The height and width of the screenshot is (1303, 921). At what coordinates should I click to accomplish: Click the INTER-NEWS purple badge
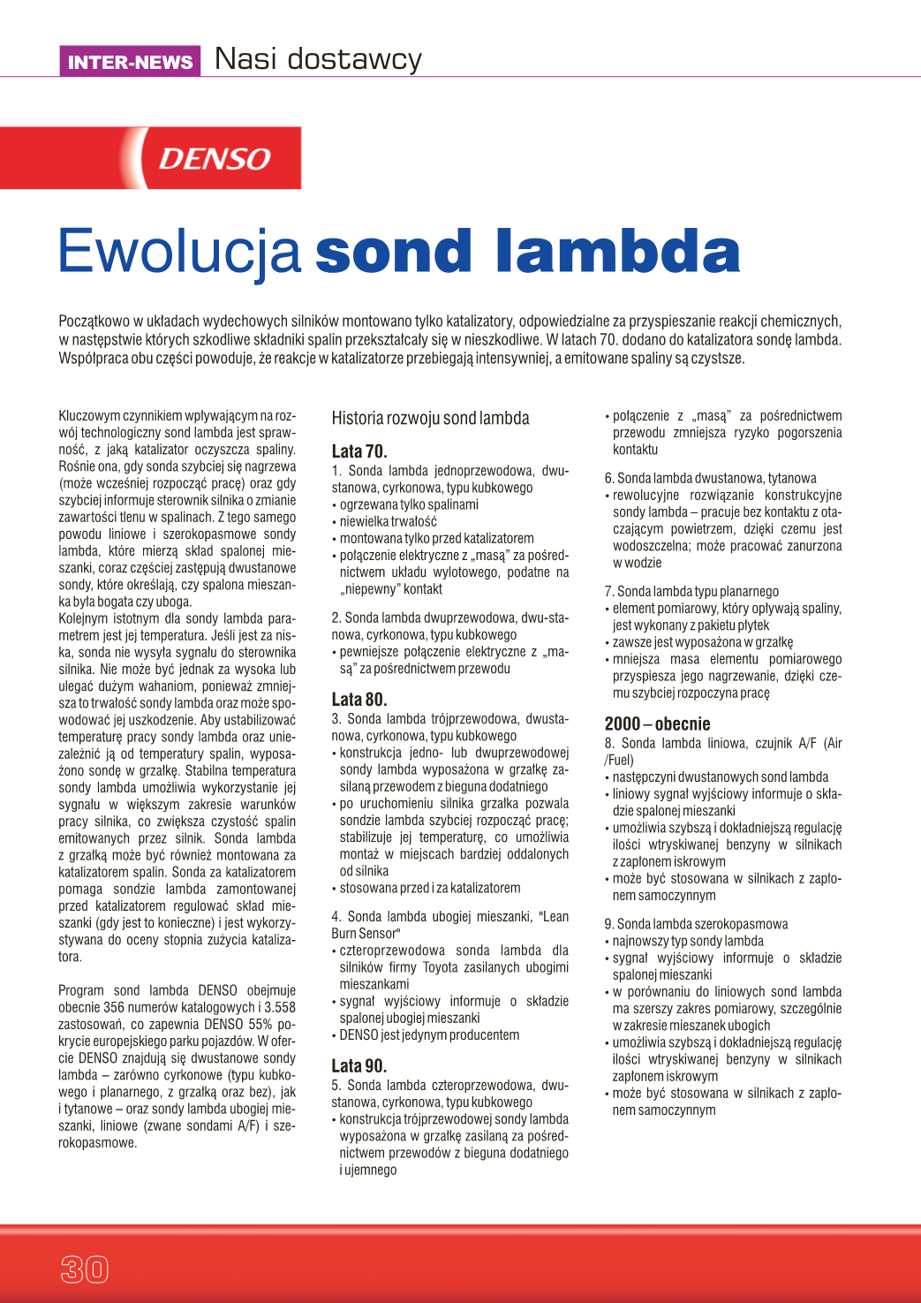(x=130, y=62)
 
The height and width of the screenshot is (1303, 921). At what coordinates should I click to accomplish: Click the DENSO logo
(x=215, y=159)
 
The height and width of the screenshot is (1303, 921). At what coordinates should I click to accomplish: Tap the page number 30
(x=84, y=1269)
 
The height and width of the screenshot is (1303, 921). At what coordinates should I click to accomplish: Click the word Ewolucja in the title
(x=180, y=252)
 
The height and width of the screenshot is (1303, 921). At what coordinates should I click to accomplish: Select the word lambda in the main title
(x=617, y=252)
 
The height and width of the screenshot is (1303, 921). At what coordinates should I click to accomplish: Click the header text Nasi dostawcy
(x=318, y=59)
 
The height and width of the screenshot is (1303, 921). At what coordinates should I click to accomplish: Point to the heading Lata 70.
(x=359, y=451)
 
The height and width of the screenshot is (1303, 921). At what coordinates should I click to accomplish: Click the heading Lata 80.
(x=359, y=700)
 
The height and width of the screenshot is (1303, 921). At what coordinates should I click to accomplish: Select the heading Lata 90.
(x=359, y=1066)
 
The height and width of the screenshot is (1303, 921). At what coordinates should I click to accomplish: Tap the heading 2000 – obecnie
(x=657, y=724)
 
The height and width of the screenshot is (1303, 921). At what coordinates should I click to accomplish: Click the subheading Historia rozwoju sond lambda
(x=430, y=419)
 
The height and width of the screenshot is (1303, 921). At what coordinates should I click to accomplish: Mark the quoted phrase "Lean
(x=555, y=917)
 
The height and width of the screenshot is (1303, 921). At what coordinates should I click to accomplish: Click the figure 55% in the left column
(x=260, y=1025)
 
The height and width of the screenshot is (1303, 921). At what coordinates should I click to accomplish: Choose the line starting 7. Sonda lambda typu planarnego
(x=691, y=592)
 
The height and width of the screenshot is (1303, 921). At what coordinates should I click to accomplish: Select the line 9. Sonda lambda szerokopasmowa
(x=696, y=924)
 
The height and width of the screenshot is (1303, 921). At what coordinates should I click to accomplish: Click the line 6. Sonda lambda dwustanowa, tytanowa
(x=710, y=479)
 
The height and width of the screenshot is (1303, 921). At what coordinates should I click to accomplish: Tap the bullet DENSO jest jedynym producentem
(x=429, y=1035)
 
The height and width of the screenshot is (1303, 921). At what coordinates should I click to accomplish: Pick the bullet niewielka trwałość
(x=388, y=522)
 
